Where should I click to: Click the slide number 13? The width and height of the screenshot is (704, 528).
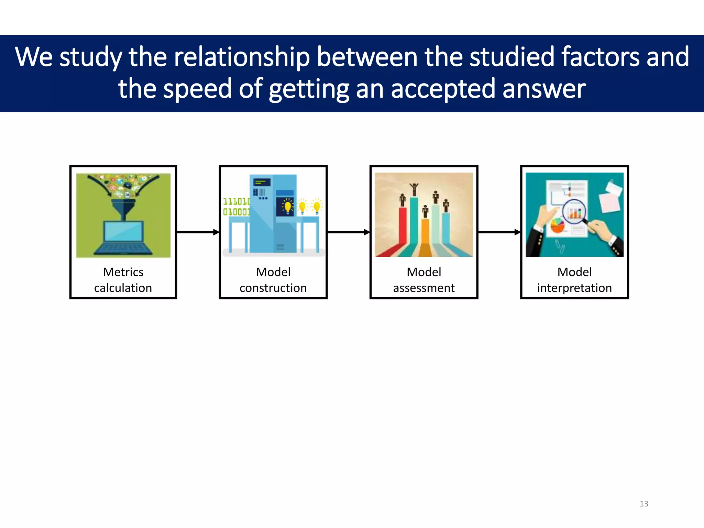pos(643,504)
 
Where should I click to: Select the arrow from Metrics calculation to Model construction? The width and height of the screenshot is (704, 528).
pos(198,232)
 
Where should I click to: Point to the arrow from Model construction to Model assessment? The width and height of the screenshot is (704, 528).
pos(348,232)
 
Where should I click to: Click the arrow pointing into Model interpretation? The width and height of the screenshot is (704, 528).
pos(499,232)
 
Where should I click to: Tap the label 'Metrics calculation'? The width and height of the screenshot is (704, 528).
pos(123,280)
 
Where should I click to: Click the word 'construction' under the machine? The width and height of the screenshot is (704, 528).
pos(273,288)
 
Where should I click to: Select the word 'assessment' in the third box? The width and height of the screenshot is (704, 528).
pos(423,288)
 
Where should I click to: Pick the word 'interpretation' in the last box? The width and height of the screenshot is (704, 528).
pos(574,288)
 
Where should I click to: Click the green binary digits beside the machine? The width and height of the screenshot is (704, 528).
pos(236,206)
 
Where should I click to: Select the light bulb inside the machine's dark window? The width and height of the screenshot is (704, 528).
pos(287,207)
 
